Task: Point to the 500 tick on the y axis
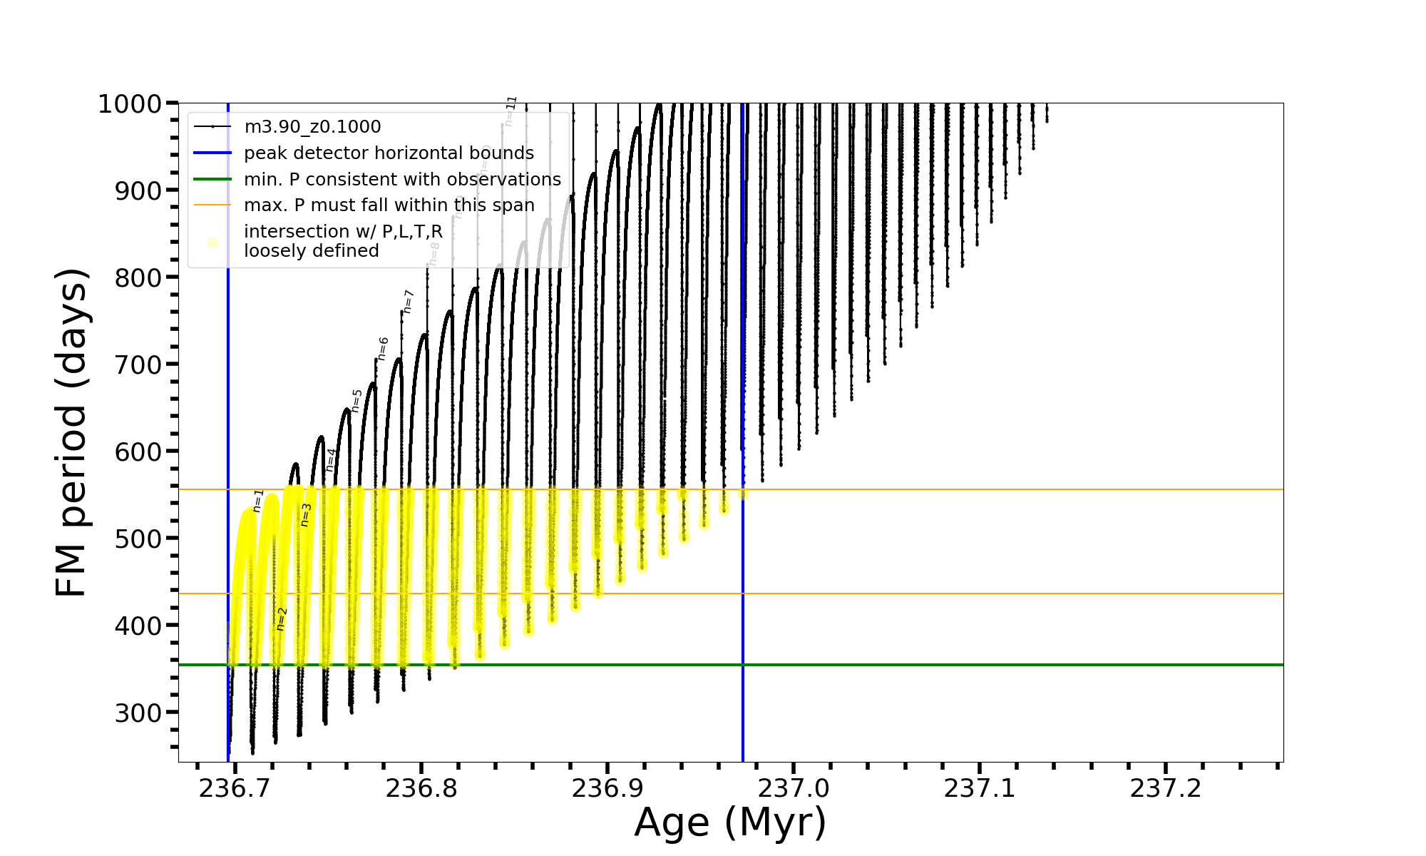coord(138,539)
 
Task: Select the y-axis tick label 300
coord(138,713)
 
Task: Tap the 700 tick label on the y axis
coord(138,365)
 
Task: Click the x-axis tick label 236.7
coord(235,788)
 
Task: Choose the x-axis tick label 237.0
coord(793,788)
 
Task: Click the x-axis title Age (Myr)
coord(730,822)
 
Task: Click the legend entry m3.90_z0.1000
coord(312,127)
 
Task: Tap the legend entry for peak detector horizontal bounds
coord(389,153)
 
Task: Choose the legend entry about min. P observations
coord(402,180)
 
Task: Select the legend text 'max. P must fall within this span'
coord(389,205)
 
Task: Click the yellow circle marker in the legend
coord(212,243)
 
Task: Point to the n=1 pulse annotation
coord(258,501)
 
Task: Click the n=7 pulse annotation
coord(409,301)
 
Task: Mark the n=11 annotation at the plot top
coord(510,111)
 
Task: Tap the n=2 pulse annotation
coord(282,618)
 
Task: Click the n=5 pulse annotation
coord(357,400)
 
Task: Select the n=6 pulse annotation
coord(383,349)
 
